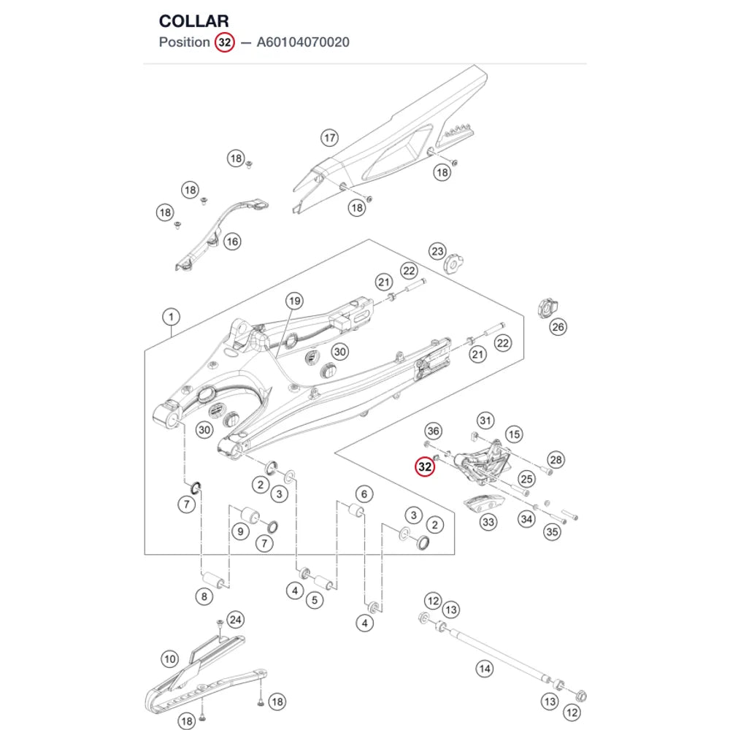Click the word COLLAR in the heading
193,21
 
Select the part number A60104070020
303,42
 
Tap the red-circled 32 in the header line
224,42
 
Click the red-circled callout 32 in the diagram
425,466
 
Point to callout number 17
330,138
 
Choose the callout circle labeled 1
171,317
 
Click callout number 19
294,301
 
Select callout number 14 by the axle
485,669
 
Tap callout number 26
558,327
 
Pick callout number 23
437,251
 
